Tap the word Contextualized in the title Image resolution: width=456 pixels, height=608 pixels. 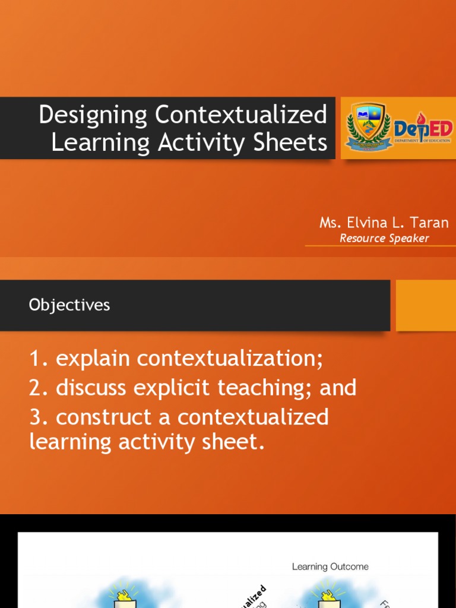point(242,115)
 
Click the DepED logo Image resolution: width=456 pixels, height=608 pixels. point(423,129)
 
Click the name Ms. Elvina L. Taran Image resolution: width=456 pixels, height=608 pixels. point(384,223)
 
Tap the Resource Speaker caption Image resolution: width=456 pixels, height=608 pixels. point(384,239)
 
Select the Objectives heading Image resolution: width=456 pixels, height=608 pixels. point(69,305)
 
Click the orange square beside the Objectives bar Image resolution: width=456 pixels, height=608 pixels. point(425,305)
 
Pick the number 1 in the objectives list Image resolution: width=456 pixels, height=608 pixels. point(36,359)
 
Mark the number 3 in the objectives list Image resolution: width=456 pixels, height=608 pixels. point(36,417)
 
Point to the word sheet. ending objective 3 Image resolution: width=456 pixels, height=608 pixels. point(235,442)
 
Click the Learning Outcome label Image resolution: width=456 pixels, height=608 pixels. point(330,566)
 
